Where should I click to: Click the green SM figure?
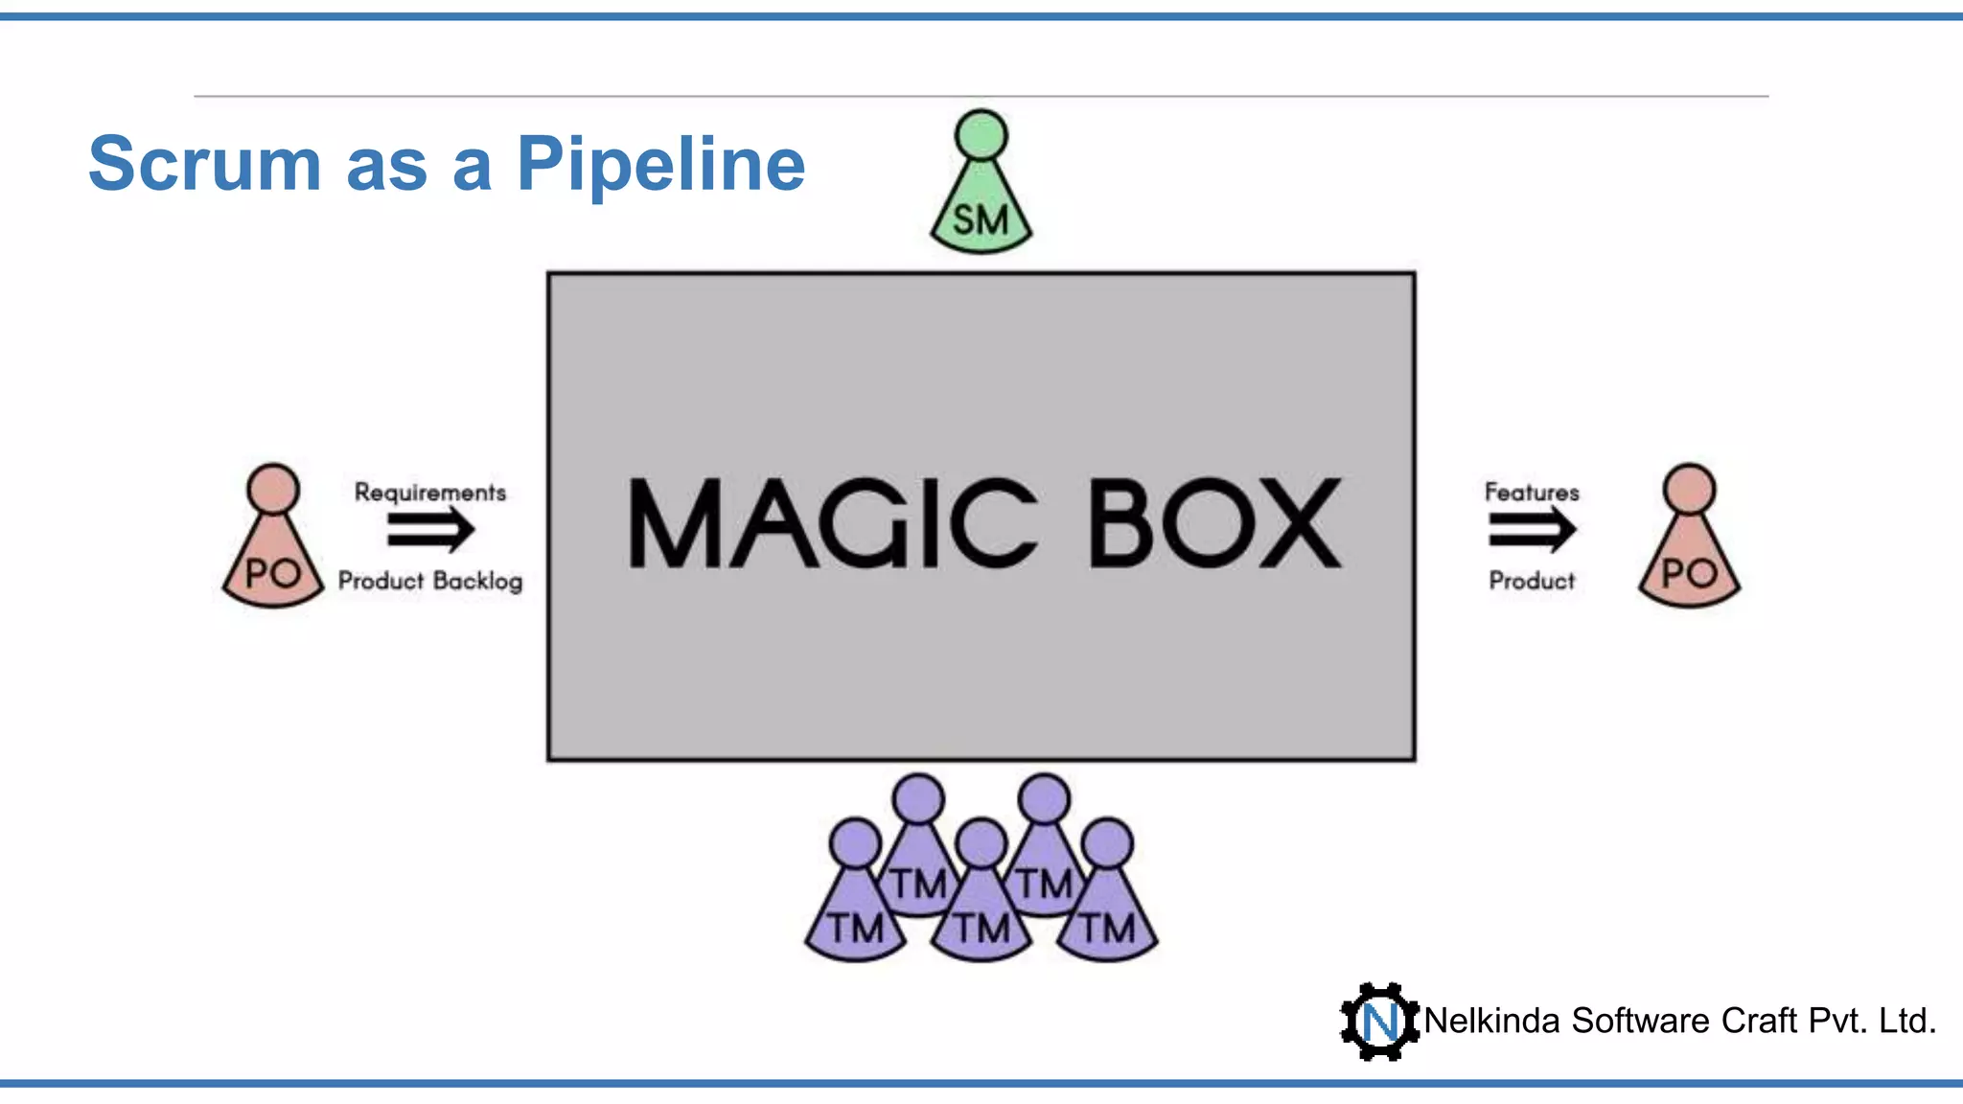click(981, 206)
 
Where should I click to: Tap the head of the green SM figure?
click(981, 135)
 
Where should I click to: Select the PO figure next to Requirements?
click(273, 556)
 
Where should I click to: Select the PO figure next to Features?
click(1689, 556)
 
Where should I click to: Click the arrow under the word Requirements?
click(430, 530)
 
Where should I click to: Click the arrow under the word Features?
click(1531, 530)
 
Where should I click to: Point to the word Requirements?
click(430, 493)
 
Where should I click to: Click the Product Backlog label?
click(430, 581)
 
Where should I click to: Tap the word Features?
click(1531, 493)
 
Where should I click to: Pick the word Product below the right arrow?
click(1531, 581)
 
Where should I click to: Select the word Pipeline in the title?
click(660, 165)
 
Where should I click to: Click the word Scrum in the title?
click(204, 165)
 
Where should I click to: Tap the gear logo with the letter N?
click(1379, 1022)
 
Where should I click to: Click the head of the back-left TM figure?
click(918, 799)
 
